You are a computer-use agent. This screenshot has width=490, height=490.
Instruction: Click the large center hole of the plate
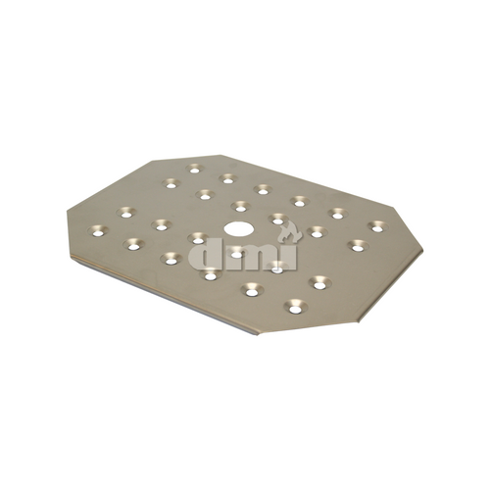(236, 228)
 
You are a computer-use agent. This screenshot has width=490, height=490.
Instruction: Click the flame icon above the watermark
(287, 232)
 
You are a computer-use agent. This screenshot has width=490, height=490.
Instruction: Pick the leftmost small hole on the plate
(96, 231)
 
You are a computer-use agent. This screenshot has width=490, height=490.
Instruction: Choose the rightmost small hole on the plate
(375, 226)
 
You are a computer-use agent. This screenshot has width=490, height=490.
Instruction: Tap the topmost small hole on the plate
(194, 169)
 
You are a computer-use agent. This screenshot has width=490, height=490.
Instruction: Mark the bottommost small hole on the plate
(293, 309)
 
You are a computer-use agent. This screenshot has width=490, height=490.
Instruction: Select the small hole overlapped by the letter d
(198, 238)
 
